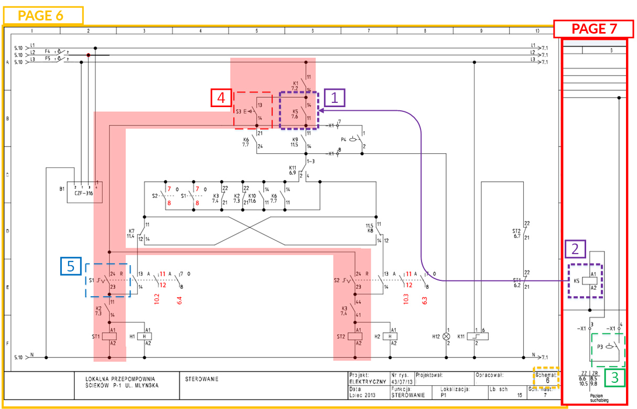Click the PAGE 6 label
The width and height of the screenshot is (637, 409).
42,15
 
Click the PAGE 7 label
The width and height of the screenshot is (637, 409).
595,29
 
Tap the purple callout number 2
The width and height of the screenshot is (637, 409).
575,249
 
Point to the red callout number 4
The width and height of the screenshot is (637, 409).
221,98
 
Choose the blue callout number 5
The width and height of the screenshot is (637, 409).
70,267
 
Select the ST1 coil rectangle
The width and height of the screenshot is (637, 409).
109,336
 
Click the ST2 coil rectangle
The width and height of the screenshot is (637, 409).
358,336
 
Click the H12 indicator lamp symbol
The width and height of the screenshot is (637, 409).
447,336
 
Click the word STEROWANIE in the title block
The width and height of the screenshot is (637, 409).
202,379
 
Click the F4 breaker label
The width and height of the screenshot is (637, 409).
47,51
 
